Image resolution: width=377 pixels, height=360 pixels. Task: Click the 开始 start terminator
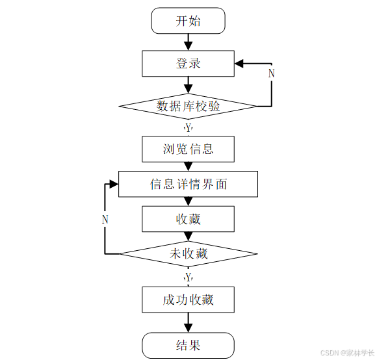pos(188,21)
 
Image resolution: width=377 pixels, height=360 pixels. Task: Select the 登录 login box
pos(188,63)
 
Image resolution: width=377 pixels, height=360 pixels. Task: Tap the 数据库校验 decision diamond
pos(188,106)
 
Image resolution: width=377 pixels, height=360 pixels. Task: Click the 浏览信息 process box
pos(188,149)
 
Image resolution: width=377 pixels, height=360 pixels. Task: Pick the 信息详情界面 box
pos(188,184)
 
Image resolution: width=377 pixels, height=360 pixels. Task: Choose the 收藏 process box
pos(188,219)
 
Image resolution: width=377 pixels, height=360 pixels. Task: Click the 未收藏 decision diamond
pos(188,253)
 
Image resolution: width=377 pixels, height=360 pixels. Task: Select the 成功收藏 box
pos(188,300)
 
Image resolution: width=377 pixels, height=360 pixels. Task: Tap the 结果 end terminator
pos(188,345)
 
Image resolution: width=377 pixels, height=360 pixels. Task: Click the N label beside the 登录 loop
pos(271,73)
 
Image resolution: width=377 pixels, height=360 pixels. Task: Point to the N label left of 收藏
pos(105,220)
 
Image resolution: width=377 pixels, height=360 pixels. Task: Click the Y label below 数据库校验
pos(188,127)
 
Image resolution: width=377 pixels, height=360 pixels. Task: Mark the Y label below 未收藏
pos(188,277)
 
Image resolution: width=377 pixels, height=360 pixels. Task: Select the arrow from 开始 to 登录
pos(188,42)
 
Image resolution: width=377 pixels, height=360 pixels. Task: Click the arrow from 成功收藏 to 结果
pos(188,322)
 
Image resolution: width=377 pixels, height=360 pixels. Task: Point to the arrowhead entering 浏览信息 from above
pos(188,133)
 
